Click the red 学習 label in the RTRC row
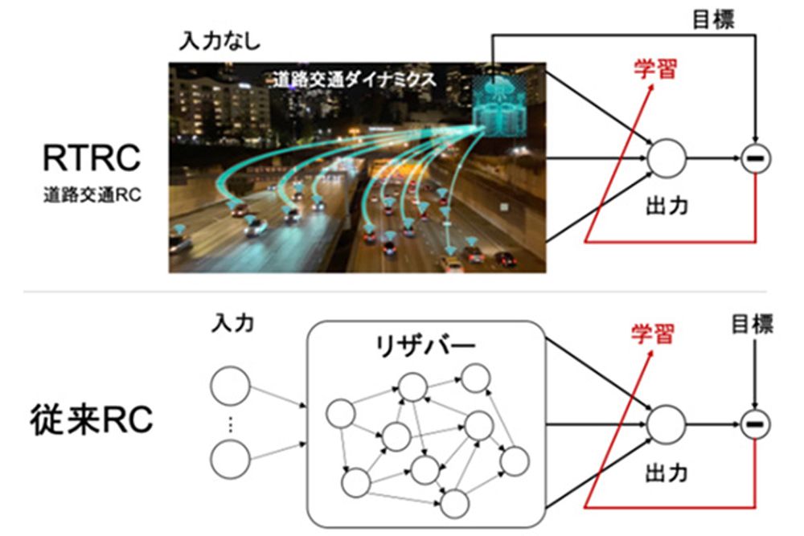[x=653, y=68]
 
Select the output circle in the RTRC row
[x=667, y=158]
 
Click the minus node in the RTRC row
[x=756, y=159]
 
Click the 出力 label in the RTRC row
[x=667, y=205]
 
